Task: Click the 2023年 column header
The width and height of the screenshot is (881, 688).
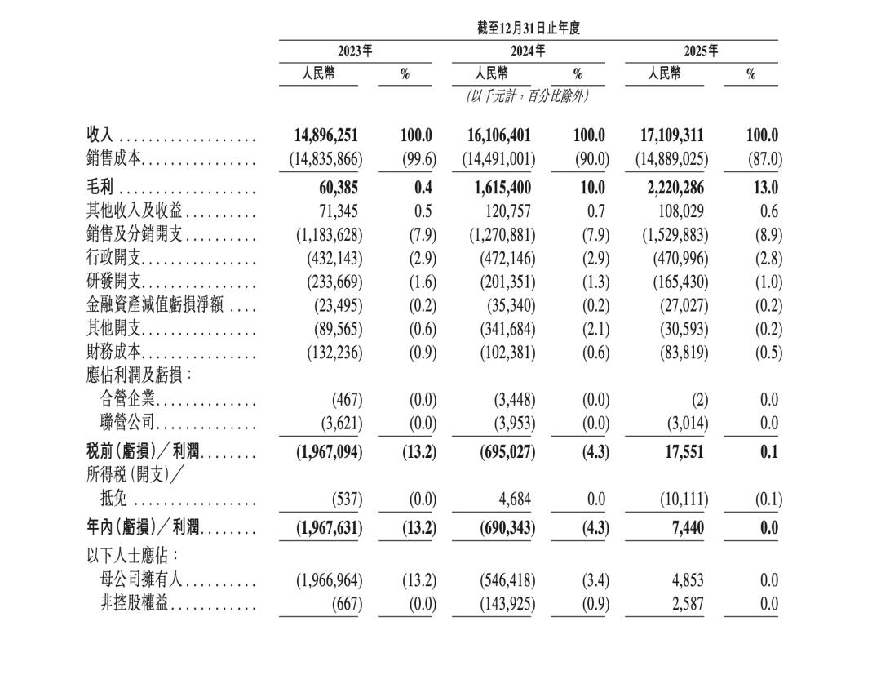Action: point(355,51)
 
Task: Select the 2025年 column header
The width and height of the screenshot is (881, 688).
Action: point(701,51)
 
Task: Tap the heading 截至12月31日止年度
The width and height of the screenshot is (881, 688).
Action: point(529,29)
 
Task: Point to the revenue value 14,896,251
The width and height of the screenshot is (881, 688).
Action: point(325,135)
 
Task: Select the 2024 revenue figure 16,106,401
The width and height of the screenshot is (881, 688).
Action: point(498,135)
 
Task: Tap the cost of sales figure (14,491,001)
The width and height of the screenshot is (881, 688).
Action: point(498,159)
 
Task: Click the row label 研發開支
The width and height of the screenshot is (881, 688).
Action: point(114,282)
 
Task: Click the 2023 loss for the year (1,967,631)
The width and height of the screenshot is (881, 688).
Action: point(329,528)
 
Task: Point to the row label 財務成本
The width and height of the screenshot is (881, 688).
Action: point(114,353)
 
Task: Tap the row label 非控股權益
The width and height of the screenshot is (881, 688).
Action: point(135,604)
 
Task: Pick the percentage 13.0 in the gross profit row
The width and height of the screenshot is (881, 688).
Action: point(765,188)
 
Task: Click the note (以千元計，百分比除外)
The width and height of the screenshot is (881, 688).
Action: point(528,96)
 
